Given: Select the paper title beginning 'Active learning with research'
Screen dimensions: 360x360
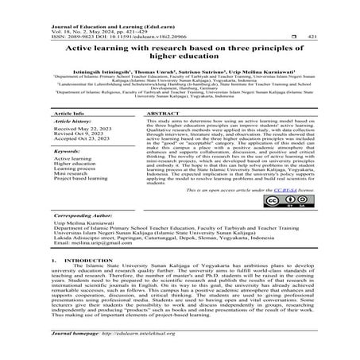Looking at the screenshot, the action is click(180, 53).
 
